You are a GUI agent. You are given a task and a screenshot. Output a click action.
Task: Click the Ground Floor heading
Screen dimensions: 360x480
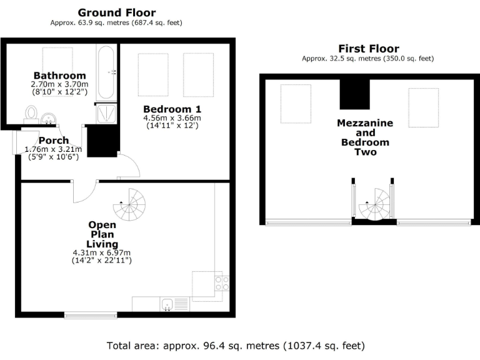117,12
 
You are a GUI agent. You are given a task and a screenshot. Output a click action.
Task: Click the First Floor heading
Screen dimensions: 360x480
368,49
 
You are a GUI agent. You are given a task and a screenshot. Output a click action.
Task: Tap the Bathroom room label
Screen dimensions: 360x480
60,76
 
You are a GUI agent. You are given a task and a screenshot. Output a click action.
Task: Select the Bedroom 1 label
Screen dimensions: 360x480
172,109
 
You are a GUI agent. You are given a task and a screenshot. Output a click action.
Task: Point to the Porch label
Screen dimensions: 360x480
53,141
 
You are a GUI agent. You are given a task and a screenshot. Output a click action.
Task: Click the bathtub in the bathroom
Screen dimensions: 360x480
105,71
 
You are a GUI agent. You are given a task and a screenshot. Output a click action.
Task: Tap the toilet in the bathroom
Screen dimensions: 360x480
32,113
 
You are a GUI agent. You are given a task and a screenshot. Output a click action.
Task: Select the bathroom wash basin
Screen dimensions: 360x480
48,117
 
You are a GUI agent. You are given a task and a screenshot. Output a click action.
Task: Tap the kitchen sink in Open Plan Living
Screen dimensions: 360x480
167,305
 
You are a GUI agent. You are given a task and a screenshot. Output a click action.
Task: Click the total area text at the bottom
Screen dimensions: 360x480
236,345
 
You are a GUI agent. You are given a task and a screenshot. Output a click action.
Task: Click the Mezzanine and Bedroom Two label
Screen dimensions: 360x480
365,137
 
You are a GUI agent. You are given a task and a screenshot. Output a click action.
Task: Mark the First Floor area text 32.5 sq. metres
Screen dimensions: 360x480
368,59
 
